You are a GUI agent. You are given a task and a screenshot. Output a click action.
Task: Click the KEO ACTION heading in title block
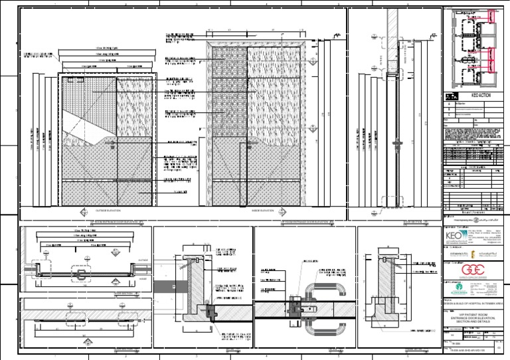[479, 96]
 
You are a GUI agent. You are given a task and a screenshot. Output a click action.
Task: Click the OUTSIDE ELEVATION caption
[106, 210]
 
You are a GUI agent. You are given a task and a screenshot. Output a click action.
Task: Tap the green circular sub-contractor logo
[454, 290]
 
